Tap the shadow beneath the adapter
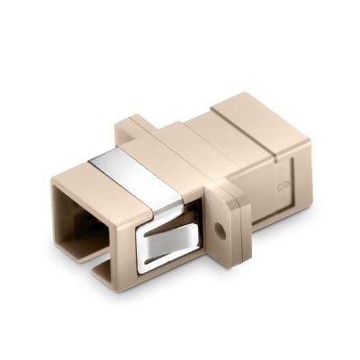(x=225, y=297)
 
